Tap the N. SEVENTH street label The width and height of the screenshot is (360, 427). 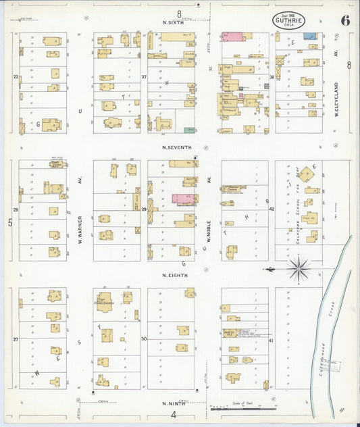coord(177,147)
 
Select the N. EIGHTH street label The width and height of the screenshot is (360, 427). coord(175,275)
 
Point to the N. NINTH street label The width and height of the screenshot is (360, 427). coord(174,403)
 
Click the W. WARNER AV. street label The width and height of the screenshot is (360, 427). coord(80,211)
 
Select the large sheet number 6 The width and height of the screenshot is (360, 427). coord(344,20)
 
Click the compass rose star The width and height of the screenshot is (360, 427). coord(298,269)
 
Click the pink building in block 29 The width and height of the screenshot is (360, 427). coord(183,199)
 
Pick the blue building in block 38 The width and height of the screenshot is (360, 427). coord(309,36)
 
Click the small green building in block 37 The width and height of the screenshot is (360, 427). coord(189,129)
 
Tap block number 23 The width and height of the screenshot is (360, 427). coord(16,77)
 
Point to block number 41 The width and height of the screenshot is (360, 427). coord(272,341)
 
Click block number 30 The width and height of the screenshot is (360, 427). coord(143,338)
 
